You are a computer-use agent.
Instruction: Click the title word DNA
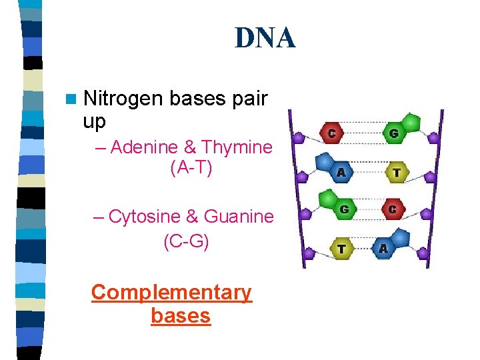pos(265,39)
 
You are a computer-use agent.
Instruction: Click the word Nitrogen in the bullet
pos(123,99)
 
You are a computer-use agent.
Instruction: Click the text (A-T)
pos(191,169)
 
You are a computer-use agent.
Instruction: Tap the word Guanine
pos(239,216)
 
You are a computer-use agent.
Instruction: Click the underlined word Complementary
pos(171,292)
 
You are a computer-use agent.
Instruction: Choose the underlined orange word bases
pos(181,315)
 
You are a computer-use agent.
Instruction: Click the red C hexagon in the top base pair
pos(332,133)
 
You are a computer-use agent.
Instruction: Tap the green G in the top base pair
pos(394,133)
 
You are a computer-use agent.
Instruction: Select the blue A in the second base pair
pos(341,172)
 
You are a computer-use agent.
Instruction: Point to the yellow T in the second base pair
pos(397,173)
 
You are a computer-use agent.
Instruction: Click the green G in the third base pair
pos(345,209)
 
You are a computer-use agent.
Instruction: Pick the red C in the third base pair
pos(393,209)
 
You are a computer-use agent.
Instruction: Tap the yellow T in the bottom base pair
pos(341,249)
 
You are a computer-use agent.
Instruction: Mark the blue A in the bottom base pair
pos(383,249)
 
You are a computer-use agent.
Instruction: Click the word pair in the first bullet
pos(251,99)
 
